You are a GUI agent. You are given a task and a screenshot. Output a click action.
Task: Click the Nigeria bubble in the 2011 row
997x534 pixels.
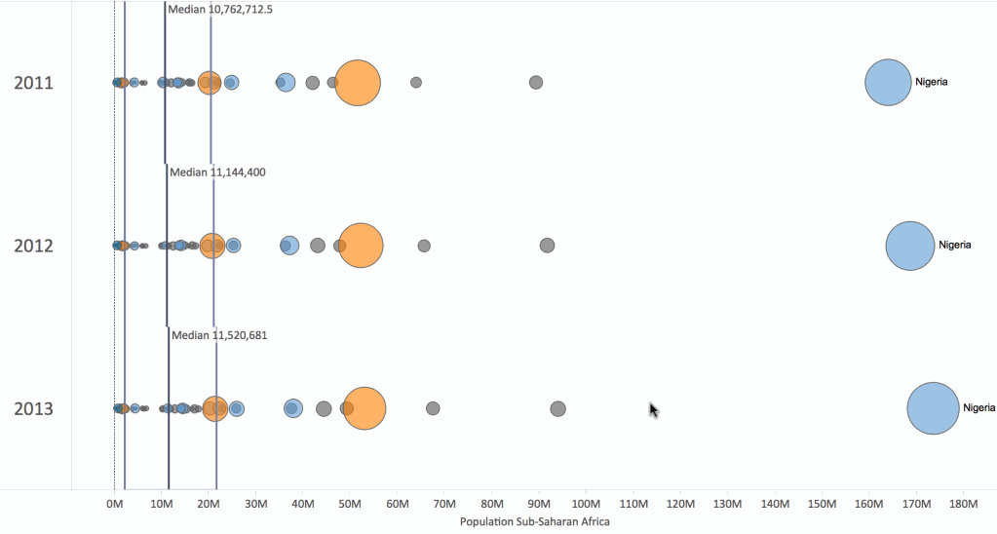tap(888, 83)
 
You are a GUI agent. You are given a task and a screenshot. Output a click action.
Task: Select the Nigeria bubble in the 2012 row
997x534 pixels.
tap(909, 246)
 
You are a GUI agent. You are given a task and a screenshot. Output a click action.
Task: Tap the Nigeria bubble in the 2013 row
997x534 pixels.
tap(933, 409)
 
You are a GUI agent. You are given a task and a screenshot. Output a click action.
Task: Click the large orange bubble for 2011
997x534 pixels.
tap(358, 83)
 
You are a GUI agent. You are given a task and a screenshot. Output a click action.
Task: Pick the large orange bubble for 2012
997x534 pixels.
tap(361, 246)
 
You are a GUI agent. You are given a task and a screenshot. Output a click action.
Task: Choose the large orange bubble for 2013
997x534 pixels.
tap(364, 409)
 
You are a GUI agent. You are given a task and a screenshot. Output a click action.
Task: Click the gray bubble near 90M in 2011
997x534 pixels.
tap(536, 82)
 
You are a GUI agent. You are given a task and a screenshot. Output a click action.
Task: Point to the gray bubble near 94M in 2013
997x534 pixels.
tap(557, 408)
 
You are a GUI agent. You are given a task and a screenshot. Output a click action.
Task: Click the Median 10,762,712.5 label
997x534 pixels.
tap(220, 9)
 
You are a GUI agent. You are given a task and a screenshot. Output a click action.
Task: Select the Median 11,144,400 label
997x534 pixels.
tap(217, 172)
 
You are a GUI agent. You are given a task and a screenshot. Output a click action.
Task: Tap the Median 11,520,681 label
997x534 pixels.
tap(219, 335)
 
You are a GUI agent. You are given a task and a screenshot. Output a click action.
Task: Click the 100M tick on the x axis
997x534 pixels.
tap(587, 504)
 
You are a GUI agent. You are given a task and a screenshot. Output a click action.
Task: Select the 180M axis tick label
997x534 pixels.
tap(963, 504)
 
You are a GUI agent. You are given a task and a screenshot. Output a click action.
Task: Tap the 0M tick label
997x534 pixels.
tap(115, 504)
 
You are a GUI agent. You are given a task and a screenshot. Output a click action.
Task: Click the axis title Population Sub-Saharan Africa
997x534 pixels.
tap(534, 522)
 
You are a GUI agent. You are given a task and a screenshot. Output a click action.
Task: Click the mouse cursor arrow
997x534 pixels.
tap(653, 409)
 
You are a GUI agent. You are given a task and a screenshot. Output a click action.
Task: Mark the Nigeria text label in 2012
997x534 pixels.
tap(954, 246)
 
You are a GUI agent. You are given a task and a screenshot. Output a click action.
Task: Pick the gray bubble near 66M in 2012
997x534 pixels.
tap(424, 246)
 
